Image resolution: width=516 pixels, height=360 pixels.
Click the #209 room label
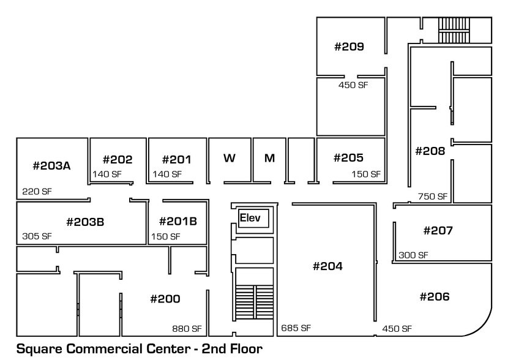349,47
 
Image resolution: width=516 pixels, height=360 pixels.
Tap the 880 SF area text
187,329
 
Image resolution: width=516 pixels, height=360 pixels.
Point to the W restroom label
230,158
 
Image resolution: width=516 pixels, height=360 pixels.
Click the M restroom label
269,158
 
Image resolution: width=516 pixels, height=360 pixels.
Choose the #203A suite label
52,165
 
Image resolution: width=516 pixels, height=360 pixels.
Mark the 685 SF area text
296,328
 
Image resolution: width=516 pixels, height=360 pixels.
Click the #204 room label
327,266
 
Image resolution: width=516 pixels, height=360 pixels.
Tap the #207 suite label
438,231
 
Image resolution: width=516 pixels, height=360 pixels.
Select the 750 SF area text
433,197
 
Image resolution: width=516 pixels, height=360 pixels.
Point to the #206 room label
435,297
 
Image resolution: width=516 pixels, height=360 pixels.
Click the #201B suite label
178,221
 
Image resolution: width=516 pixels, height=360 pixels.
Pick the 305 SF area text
37,236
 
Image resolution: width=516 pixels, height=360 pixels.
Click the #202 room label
118,160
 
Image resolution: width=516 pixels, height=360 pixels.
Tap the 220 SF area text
37,192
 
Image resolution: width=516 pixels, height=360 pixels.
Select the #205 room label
348,158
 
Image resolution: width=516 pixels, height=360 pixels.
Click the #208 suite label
430,151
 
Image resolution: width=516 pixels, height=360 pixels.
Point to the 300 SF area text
413,255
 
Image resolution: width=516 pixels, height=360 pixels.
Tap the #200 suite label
165,299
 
